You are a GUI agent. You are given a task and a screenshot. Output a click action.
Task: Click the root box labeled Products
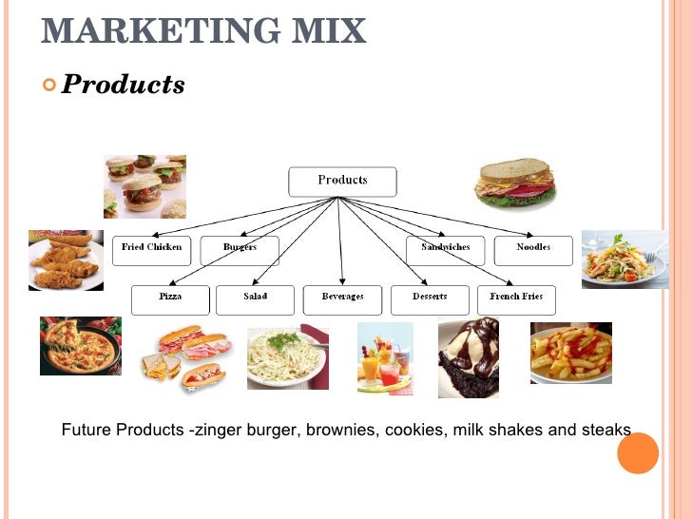(342, 182)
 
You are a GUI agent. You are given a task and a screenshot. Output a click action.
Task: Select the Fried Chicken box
(152, 250)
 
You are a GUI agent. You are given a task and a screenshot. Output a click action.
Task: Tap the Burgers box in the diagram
(240, 250)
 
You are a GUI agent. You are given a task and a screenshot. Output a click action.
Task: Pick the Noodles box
(533, 250)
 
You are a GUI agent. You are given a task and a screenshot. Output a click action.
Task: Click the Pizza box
(170, 299)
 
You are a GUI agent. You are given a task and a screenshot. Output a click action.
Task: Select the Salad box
(255, 299)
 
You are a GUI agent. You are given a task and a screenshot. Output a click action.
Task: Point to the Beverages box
(342, 299)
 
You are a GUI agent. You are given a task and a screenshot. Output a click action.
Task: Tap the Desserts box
(430, 299)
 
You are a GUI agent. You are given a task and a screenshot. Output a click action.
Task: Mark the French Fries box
(516, 299)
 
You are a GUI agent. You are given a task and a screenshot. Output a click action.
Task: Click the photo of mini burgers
(144, 186)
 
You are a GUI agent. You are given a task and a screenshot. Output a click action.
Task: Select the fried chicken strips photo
(66, 259)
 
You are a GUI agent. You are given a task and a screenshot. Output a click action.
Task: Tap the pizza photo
(80, 345)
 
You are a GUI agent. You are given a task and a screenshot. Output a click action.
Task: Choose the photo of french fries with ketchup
(570, 353)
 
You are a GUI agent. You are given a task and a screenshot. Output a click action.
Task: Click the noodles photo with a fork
(625, 259)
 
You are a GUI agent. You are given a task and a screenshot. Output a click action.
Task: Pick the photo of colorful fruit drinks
(385, 358)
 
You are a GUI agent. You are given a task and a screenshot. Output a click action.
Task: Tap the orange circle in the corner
(638, 452)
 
